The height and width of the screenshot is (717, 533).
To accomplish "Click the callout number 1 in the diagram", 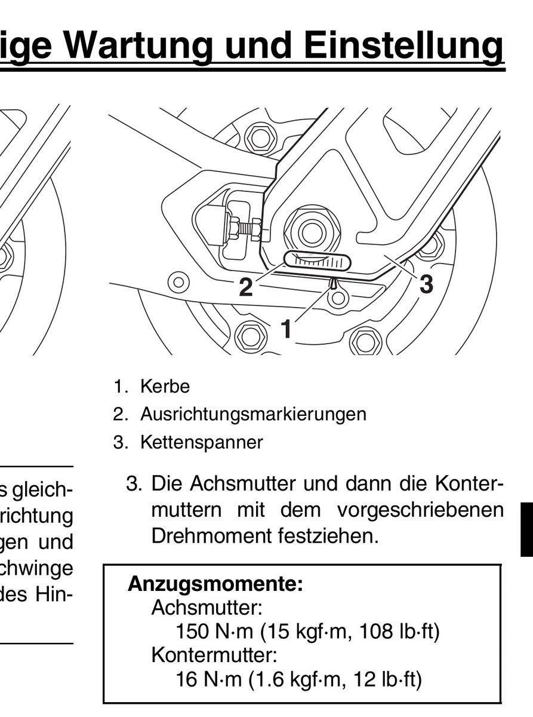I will [286, 328].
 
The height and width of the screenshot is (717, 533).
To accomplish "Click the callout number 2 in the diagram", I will [245, 287].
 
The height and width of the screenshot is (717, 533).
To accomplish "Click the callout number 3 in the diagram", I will [426, 283].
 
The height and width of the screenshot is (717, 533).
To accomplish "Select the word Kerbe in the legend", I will [165, 387].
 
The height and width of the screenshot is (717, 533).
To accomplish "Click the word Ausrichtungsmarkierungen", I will [253, 413].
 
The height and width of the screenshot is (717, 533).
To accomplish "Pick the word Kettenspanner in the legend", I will [201, 443].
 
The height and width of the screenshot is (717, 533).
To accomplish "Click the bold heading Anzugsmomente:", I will [215, 584].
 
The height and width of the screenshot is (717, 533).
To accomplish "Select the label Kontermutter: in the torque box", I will [214, 655].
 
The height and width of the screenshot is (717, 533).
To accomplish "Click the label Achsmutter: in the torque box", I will [207, 608].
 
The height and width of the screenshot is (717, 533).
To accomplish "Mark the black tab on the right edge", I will [526, 529].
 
